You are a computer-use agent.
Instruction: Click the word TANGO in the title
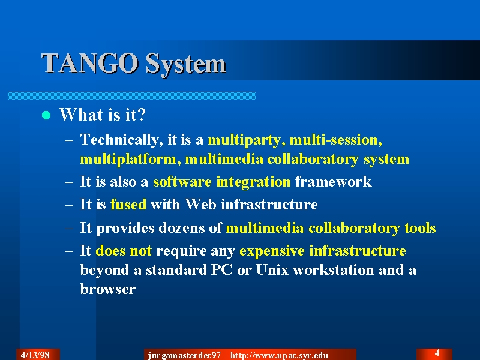[89, 63]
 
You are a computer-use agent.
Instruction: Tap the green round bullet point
[46, 115]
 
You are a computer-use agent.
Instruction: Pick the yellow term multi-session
[336, 140]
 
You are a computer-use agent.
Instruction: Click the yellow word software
[182, 182]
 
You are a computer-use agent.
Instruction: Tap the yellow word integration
[253, 182]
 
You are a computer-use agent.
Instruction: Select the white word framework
[334, 182]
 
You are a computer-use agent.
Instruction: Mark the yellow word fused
[128, 204]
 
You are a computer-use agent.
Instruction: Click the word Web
[200, 204]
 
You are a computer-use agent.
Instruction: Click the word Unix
[272, 269]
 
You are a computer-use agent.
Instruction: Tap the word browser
[108, 289]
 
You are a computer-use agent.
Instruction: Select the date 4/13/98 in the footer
[35, 355]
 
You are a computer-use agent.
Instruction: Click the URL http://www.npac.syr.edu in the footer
[279, 355]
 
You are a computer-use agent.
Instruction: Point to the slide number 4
[437, 353]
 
